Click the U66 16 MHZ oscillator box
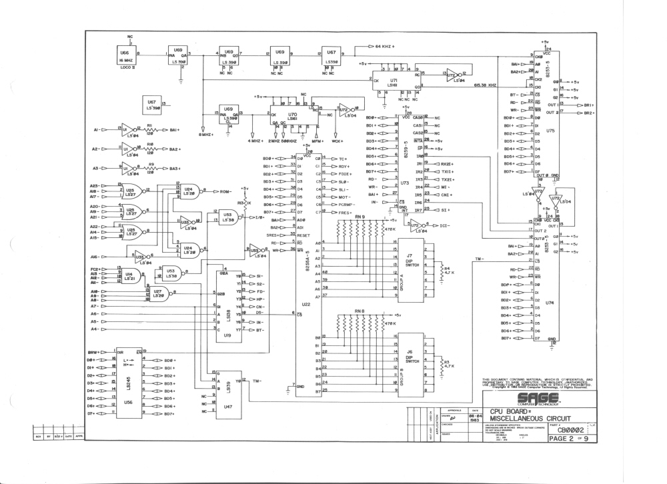coord(125,55)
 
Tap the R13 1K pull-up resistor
coord(243,202)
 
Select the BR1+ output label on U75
coord(588,105)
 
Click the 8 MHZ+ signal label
coord(207,137)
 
